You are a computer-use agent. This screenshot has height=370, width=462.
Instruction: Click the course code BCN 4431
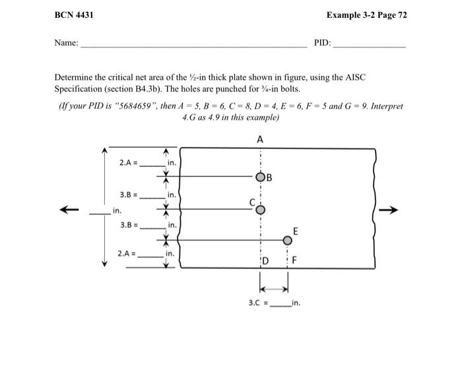(73, 15)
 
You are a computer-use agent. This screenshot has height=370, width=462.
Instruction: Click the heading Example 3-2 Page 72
(366, 15)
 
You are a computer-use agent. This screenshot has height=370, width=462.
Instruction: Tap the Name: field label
(67, 43)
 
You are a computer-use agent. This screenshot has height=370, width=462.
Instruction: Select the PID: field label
(322, 43)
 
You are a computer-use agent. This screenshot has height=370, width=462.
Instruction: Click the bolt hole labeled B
(261, 177)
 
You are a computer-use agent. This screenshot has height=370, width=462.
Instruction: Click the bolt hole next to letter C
(261, 210)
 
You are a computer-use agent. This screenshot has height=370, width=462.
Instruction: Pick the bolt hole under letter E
(287, 241)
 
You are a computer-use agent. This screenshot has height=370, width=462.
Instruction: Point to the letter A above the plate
(260, 140)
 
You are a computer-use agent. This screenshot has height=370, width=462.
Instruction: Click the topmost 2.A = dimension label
(128, 162)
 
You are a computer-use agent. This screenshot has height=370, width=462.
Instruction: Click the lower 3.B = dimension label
(128, 225)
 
